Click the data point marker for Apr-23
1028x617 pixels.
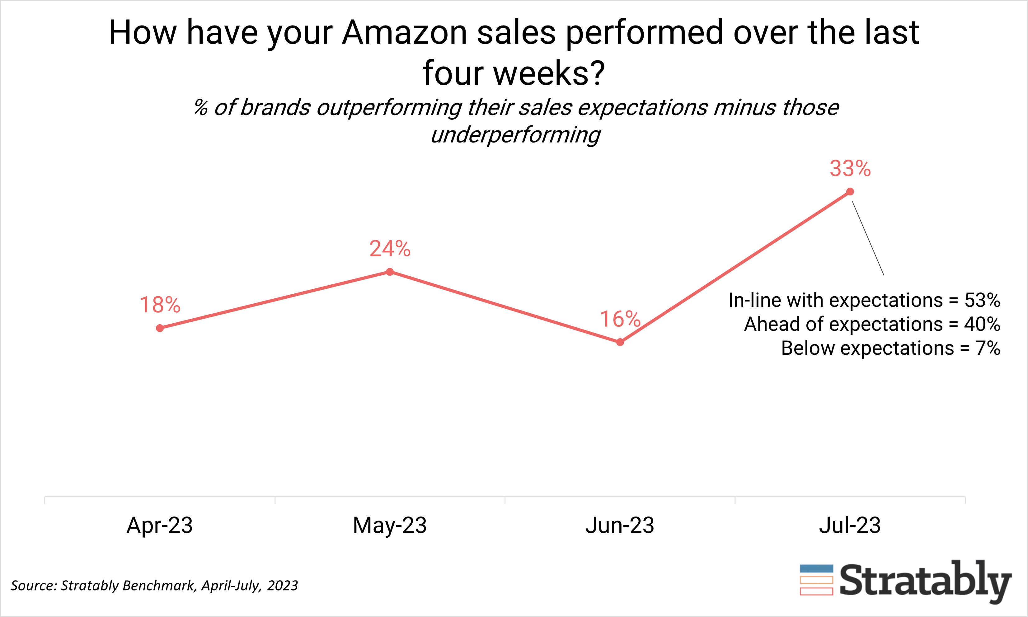pyautogui.click(x=160, y=328)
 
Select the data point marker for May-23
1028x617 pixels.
pyautogui.click(x=390, y=272)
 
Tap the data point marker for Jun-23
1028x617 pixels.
pyautogui.click(x=620, y=342)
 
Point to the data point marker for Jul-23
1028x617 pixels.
pyautogui.click(x=850, y=192)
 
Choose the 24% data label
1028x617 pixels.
pyautogui.click(x=390, y=249)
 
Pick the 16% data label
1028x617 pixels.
pyautogui.click(x=620, y=319)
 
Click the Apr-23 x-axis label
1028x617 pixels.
pyautogui.click(x=160, y=525)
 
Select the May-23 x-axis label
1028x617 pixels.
pyautogui.click(x=390, y=525)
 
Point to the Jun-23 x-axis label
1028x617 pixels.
pyautogui.click(x=620, y=525)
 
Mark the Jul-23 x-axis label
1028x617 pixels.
pyautogui.click(x=850, y=525)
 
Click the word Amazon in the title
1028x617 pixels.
pyautogui.click(x=404, y=32)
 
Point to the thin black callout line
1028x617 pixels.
pyautogui.click(x=868, y=238)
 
